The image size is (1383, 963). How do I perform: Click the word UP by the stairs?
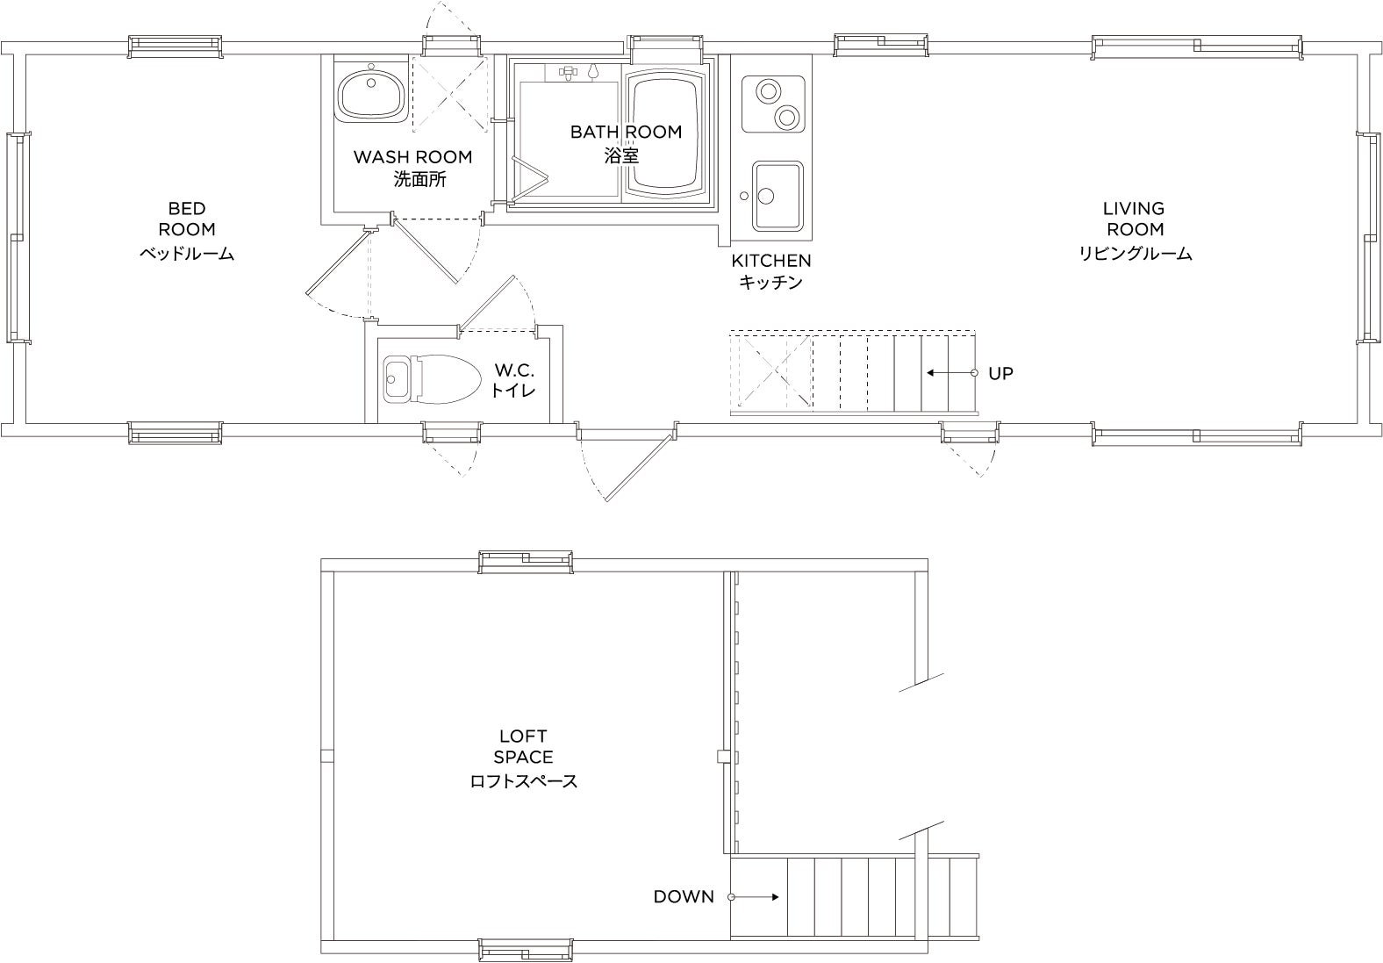click(1000, 374)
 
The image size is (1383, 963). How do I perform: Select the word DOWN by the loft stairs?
click(684, 896)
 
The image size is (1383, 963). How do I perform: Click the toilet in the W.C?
click(432, 379)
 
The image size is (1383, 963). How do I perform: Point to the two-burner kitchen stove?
click(773, 104)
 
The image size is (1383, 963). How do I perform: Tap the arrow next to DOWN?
click(754, 896)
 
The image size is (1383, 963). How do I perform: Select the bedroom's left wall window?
click(18, 238)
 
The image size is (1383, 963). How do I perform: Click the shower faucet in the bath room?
click(568, 73)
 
